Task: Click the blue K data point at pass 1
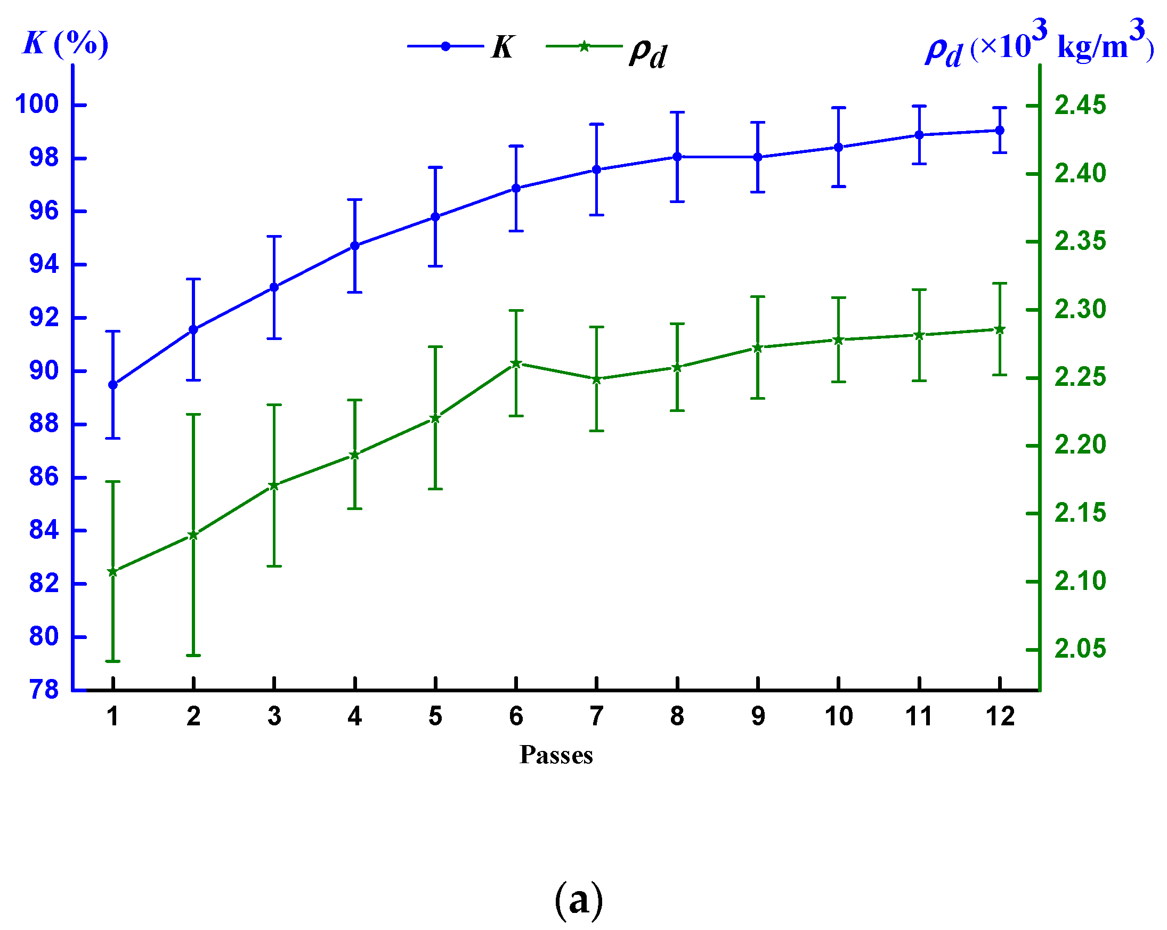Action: [x=112, y=385]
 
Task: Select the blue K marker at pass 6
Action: [x=516, y=188]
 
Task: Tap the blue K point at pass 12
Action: [x=999, y=131]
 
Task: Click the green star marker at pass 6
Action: [x=516, y=364]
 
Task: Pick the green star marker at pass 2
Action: [x=193, y=536]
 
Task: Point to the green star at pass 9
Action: [x=757, y=348]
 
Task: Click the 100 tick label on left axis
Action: [x=37, y=104]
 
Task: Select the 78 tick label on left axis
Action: [x=44, y=690]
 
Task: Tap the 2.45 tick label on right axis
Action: [x=1080, y=105]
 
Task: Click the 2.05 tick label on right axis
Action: [x=1080, y=649]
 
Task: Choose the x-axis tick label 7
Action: [x=596, y=716]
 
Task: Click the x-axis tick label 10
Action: [x=838, y=716]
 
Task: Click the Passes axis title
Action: [x=556, y=755]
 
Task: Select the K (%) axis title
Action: [x=65, y=43]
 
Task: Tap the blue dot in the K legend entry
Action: [x=445, y=46]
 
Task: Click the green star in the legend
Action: [x=583, y=46]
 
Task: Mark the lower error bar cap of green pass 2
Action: [x=193, y=656]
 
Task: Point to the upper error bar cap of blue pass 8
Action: [x=677, y=112]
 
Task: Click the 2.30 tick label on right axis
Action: [x=1080, y=310]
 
